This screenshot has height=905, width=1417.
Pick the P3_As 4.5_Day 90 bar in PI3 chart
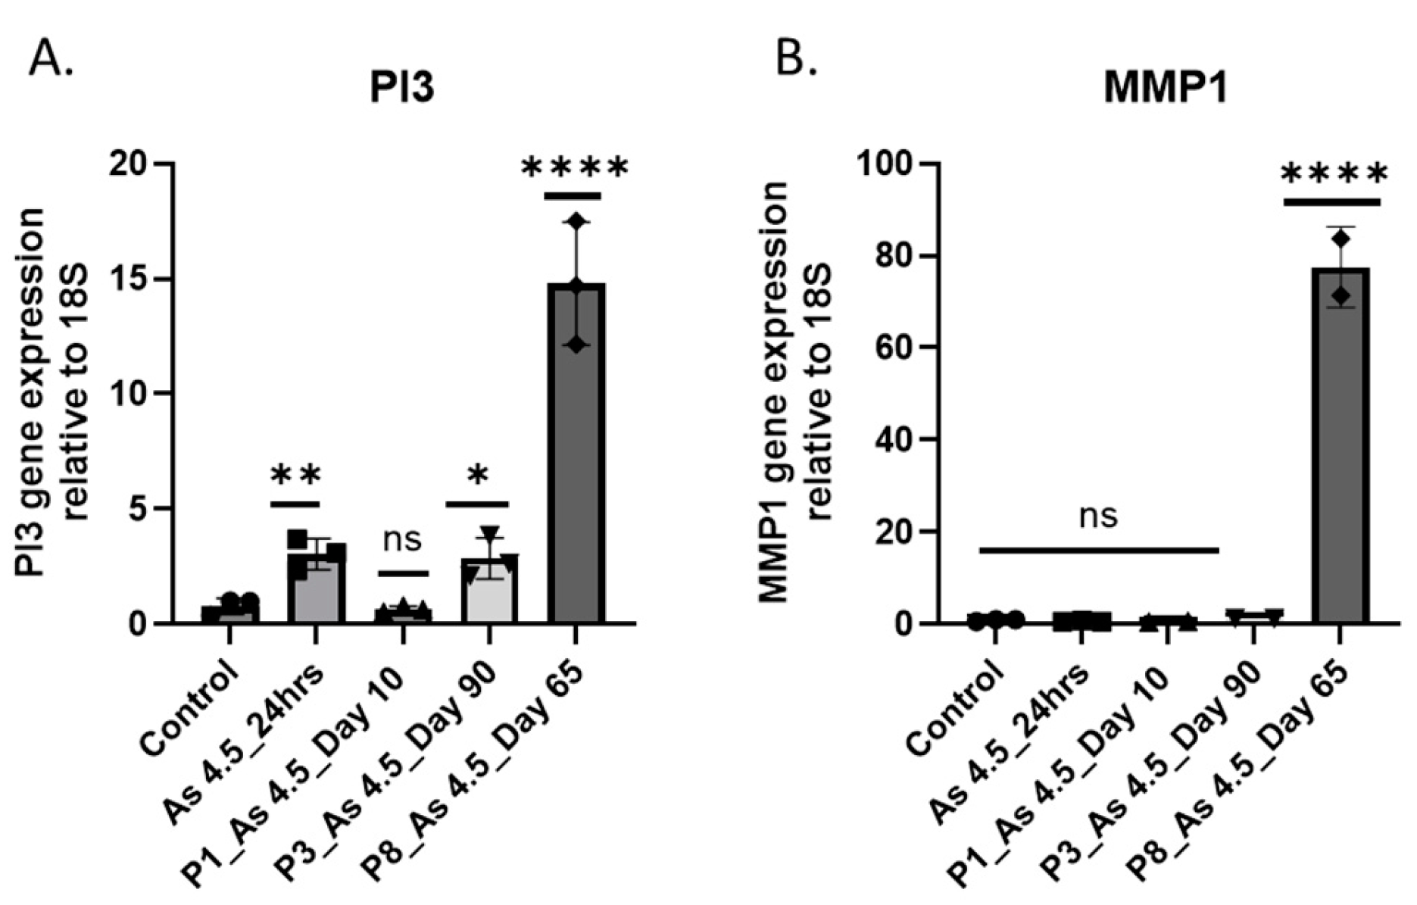click(488, 591)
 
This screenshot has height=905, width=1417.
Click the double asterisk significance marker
click(295, 476)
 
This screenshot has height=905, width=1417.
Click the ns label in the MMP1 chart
click(1098, 516)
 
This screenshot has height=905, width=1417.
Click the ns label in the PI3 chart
click(402, 539)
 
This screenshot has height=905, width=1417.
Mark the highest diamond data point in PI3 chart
click(577, 221)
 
